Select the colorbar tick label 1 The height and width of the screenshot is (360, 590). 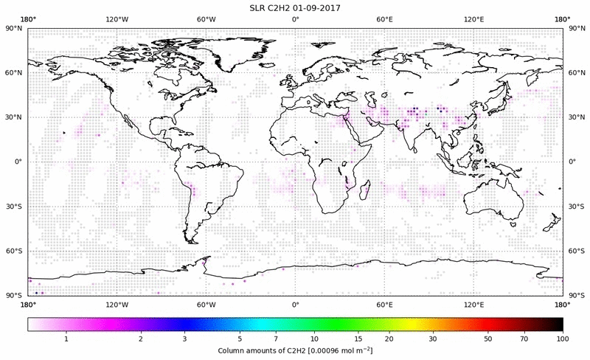pyautogui.click(x=66, y=339)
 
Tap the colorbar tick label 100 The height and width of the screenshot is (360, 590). pyautogui.click(x=563, y=339)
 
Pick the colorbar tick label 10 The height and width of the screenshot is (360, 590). pyautogui.click(x=314, y=339)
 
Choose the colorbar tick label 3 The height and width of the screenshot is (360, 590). pyautogui.click(x=185, y=339)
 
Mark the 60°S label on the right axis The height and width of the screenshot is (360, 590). pyautogui.click(x=576, y=251)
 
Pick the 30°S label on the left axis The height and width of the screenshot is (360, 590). pyautogui.click(x=13, y=207)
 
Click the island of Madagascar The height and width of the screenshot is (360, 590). pyautogui.click(x=365, y=190)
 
